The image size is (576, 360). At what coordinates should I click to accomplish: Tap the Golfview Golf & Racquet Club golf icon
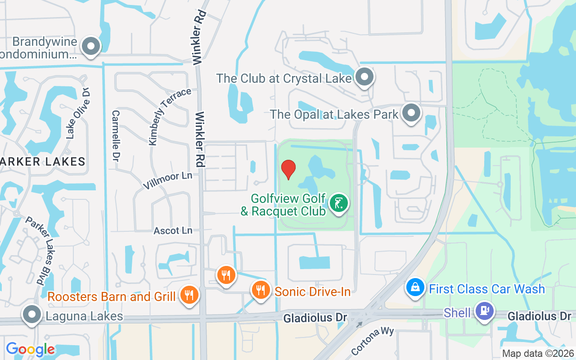[x=339, y=203]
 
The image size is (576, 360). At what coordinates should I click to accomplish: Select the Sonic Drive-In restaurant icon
[x=261, y=290]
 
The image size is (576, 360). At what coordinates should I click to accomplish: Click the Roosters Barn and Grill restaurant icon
[x=189, y=296]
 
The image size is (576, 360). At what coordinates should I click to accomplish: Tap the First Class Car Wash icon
[x=415, y=288]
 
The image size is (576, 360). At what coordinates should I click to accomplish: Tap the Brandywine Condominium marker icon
[x=91, y=46]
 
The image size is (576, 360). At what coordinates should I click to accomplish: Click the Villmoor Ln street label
[x=167, y=180]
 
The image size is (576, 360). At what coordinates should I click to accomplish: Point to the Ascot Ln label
[x=173, y=231]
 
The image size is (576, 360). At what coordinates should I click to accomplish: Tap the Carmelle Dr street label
[x=116, y=136]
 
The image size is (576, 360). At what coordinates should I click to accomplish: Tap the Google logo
[x=31, y=349]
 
